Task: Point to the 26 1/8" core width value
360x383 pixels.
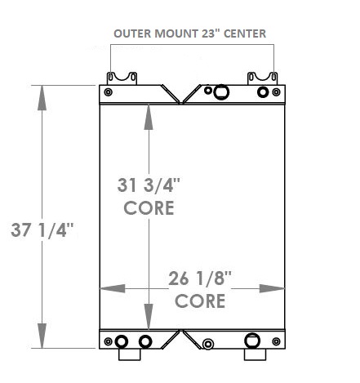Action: pos(201,277)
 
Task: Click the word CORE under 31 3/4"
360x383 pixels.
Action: pos(149,207)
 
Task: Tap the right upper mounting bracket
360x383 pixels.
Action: pos(262,77)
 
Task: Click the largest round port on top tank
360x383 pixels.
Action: pos(220,92)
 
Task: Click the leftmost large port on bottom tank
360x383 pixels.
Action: pos(122,341)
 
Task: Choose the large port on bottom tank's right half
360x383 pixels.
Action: pos(252,341)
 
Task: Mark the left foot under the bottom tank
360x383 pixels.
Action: pos(130,355)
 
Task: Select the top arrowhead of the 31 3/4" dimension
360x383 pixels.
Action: pos(148,116)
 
